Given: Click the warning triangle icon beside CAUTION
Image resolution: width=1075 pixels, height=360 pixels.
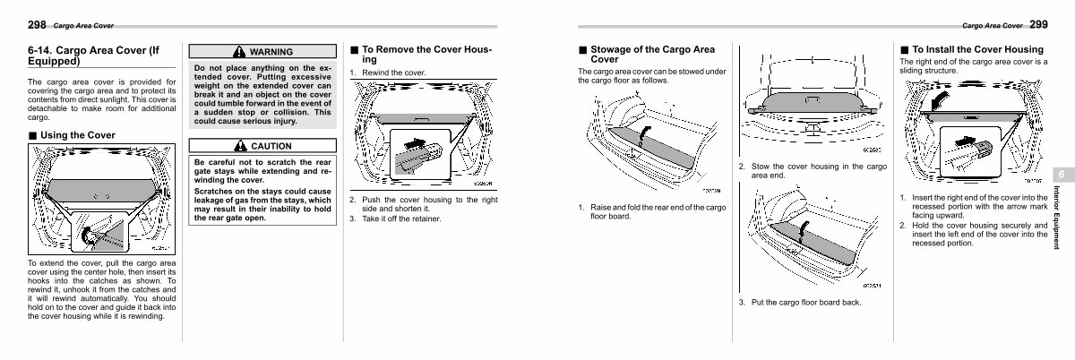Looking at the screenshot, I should pyautogui.click(x=239, y=146).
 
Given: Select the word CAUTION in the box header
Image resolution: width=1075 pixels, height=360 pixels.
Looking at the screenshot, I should pyautogui.click(x=271, y=146).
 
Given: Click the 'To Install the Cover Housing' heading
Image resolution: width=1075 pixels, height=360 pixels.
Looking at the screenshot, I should pyautogui.click(x=977, y=48).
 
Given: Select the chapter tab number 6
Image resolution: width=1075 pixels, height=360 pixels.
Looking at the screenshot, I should pyautogui.click(x=1057, y=173).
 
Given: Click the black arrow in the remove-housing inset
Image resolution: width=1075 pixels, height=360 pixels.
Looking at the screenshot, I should pyautogui.click(x=414, y=141).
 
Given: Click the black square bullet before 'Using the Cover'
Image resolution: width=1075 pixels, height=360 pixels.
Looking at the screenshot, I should pyautogui.click(x=32, y=135).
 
